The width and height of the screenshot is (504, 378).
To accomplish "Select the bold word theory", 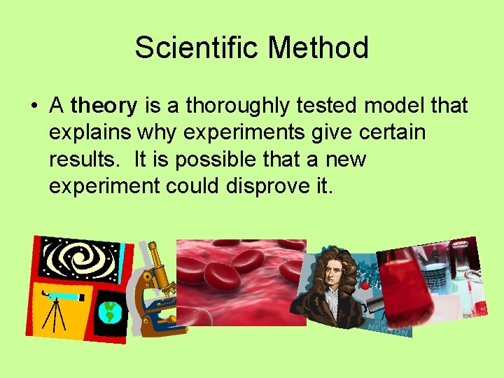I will (x=104, y=106).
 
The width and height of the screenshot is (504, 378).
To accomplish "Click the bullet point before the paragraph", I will (x=34, y=107).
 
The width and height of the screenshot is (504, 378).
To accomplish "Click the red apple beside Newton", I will (x=364, y=286).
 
